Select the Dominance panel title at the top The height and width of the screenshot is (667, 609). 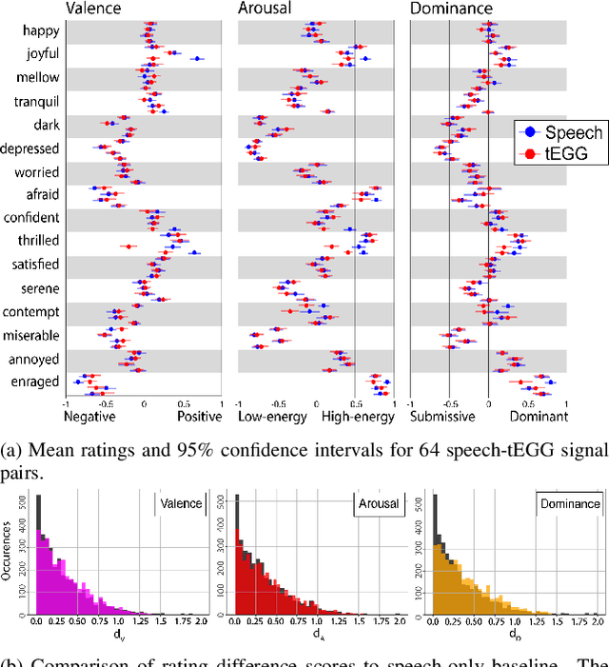coord(451,10)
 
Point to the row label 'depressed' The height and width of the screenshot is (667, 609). coord(31,148)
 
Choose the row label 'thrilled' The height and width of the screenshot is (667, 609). coord(38,241)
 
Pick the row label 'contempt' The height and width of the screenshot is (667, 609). coord(34,312)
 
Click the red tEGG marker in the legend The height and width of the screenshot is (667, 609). coord(521,151)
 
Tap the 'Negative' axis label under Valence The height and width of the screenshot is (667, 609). coord(89,416)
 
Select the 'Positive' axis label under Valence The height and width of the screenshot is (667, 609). coord(200,416)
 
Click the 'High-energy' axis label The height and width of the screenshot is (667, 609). coord(358,416)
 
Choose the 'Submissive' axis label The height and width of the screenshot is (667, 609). coord(443,416)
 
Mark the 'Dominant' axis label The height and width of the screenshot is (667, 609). coord(538,416)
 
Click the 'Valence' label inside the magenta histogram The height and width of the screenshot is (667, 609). coord(180,503)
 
